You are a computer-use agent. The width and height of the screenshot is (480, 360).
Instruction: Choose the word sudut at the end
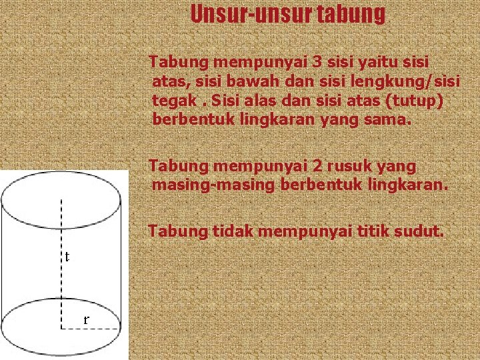[419, 231]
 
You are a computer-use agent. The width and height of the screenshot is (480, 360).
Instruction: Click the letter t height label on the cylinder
[67, 257]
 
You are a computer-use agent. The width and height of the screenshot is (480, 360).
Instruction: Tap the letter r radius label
[86, 319]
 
